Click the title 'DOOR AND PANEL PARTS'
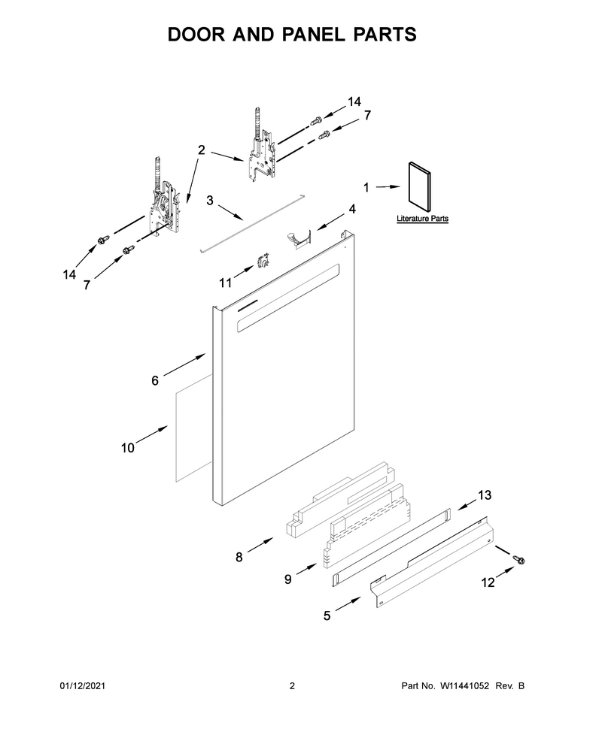pyautogui.click(x=292, y=35)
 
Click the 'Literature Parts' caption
pyautogui.click(x=422, y=219)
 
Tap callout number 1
pyautogui.click(x=366, y=187)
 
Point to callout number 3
pyautogui.click(x=210, y=201)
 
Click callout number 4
pyautogui.click(x=352, y=209)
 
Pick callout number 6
pyautogui.click(x=155, y=381)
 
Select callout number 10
pyautogui.click(x=128, y=448)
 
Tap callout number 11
pyautogui.click(x=225, y=283)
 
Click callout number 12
pyautogui.click(x=488, y=582)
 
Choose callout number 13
pyautogui.click(x=485, y=495)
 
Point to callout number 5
pyautogui.click(x=327, y=616)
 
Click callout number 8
pyautogui.click(x=239, y=557)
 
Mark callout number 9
pyautogui.click(x=287, y=579)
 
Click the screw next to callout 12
pyautogui.click(x=518, y=559)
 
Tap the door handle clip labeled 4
pyautogui.click(x=298, y=237)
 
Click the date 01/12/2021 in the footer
pyautogui.click(x=83, y=685)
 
